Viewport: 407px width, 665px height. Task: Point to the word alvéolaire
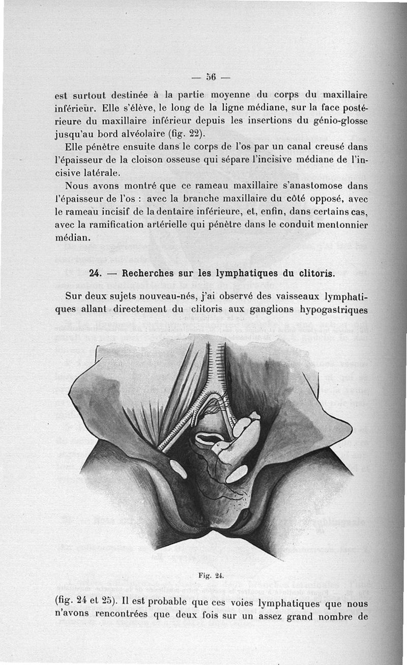click(x=150, y=135)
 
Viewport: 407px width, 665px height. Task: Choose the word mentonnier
click(x=340, y=224)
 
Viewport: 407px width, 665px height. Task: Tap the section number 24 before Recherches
click(x=95, y=273)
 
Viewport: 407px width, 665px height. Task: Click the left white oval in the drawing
click(x=178, y=469)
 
